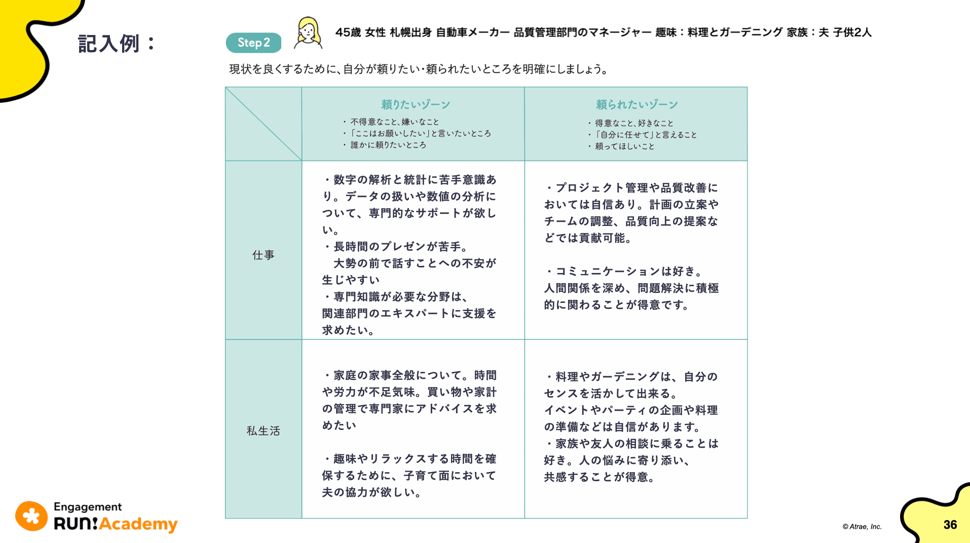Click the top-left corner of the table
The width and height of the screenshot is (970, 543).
(226, 87)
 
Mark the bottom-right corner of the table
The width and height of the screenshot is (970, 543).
(747, 518)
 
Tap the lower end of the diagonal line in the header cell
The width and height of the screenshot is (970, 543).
(302, 161)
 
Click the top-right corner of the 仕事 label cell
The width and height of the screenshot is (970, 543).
(302, 161)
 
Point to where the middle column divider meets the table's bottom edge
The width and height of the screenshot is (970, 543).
(525, 518)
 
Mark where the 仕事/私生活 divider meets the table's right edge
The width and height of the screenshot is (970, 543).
(747, 339)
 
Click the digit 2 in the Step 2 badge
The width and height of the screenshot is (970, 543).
(267, 43)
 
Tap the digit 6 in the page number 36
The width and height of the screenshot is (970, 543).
(954, 525)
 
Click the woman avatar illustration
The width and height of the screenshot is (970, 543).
(308, 33)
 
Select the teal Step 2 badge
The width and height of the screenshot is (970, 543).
(253, 43)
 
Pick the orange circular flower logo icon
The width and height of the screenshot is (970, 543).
(31, 516)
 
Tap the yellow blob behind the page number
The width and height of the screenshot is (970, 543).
(938, 517)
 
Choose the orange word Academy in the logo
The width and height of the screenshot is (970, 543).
(138, 524)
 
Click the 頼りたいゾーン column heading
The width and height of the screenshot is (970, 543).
(416, 104)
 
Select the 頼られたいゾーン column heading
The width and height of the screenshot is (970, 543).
(637, 104)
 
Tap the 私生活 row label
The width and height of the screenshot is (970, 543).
(263, 431)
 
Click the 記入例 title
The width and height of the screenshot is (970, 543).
(117, 44)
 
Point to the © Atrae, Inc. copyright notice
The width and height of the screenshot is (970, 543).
(862, 527)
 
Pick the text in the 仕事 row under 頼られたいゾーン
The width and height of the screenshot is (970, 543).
(631, 246)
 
